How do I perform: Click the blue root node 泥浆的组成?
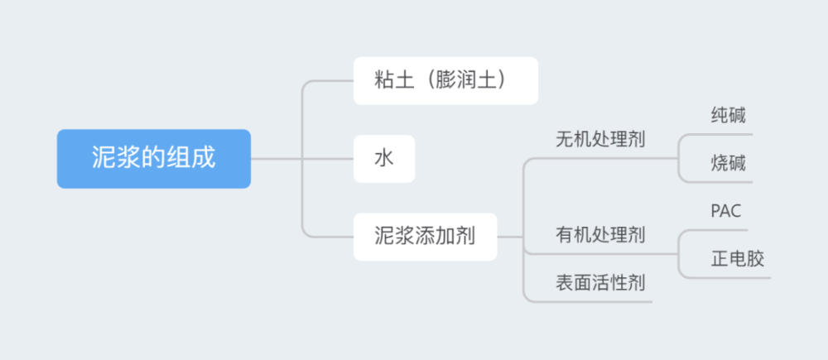pos(154,159)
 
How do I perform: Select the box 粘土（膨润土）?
pos(445,81)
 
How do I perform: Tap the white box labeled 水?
pos(384,159)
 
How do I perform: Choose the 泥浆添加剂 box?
pos(425,237)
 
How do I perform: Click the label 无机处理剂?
pos(600,140)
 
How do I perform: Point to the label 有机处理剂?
pos(600,234)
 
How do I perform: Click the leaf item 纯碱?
pos(728,115)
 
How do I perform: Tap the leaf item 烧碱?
pos(728,164)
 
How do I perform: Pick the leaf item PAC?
pos(726,211)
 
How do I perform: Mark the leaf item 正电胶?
pos(738,259)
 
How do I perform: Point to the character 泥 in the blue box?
pos(102,158)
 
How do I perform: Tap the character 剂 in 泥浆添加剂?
pos(465,237)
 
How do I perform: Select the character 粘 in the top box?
pos(384,81)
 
